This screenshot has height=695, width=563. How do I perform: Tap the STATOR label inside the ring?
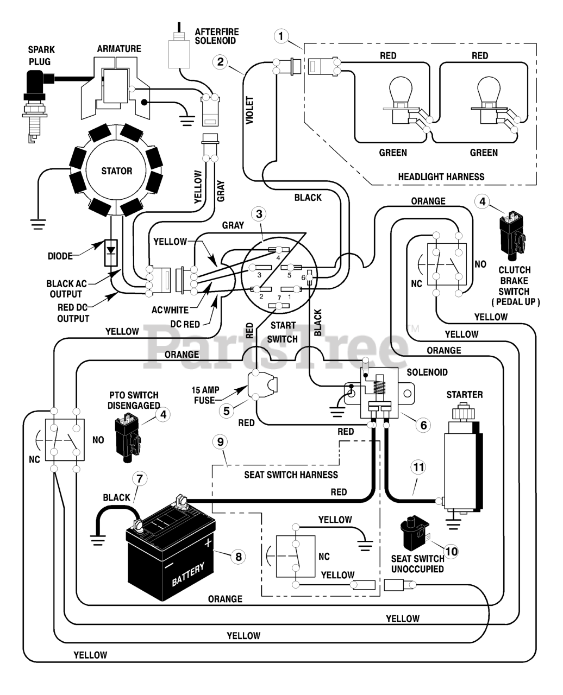[x=117, y=171]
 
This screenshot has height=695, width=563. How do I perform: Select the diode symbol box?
[x=111, y=253]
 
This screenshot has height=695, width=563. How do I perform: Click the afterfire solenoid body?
[x=179, y=54]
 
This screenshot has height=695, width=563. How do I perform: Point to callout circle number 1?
[x=281, y=36]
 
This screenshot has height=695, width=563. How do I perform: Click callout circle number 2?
[x=220, y=62]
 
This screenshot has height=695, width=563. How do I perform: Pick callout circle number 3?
[x=259, y=214]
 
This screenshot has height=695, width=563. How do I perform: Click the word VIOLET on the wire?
[x=249, y=110]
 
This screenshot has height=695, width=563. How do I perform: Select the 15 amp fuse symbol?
[x=262, y=385]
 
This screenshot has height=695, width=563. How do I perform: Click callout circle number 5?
[x=226, y=411]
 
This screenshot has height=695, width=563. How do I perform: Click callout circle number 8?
[x=239, y=557]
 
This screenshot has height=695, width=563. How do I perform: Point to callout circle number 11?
[x=418, y=467]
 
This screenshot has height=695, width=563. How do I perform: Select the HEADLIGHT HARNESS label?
[x=441, y=177]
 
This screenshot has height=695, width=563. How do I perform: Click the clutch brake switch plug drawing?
[x=512, y=235]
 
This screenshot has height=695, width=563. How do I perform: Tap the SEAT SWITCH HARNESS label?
[x=291, y=475]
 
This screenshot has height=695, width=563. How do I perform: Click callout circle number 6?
[x=423, y=425]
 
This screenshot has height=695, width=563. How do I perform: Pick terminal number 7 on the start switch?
[x=279, y=306]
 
